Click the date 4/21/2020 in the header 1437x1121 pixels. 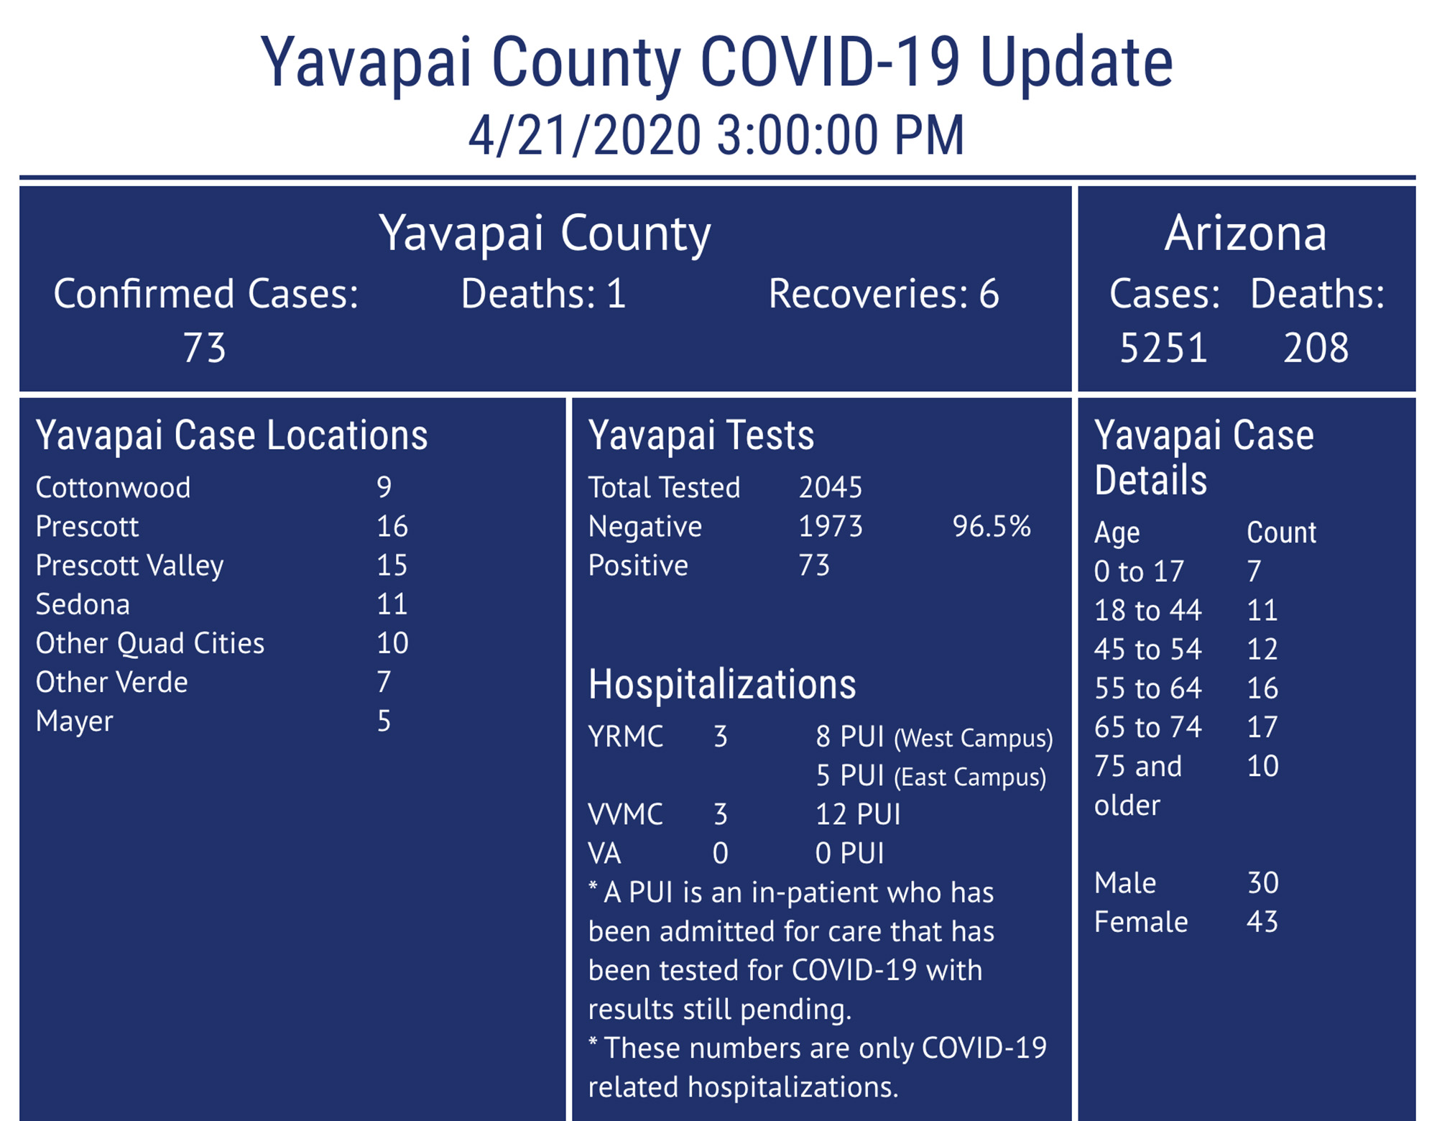coord(584,136)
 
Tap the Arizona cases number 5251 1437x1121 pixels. coord(1163,349)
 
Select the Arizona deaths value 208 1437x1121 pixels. coord(1316,349)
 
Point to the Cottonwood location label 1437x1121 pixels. coord(113,488)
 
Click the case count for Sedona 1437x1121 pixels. coord(392,604)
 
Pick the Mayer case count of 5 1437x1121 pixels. coord(384,721)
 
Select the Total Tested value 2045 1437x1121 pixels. coord(830,488)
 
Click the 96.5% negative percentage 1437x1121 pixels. coord(992,527)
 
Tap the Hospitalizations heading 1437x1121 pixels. coord(721,685)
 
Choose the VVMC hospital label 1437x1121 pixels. coord(625,815)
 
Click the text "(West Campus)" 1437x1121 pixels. coord(973,739)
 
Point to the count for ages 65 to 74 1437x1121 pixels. coord(1262,727)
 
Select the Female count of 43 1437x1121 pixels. coord(1262,922)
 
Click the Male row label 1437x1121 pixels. coord(1124,883)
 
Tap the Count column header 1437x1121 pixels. coord(1281,533)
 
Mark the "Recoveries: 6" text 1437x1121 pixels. coord(883,295)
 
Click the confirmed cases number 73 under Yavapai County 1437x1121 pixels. coord(205,349)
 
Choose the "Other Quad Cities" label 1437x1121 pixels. coord(149,643)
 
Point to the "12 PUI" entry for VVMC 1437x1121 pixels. coord(857,815)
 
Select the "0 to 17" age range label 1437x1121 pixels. coord(1138,572)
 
